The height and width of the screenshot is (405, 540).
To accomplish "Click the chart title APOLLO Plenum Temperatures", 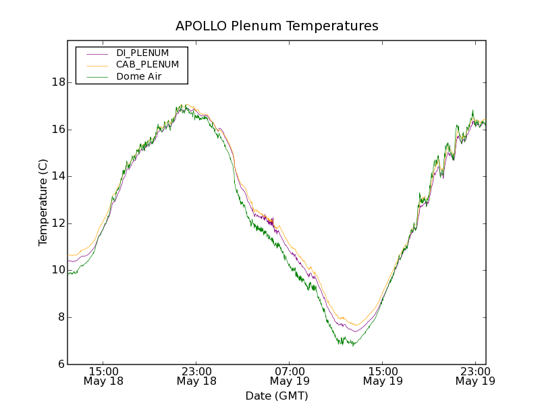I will click(x=277, y=26).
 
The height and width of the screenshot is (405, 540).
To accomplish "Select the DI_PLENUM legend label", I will click(x=142, y=53).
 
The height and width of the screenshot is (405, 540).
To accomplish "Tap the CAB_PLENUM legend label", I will click(x=147, y=65).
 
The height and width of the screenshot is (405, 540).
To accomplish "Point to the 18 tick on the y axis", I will click(x=57, y=82).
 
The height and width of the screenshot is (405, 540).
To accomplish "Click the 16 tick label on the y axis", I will click(x=57, y=130).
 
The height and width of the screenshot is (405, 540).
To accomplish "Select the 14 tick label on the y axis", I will click(x=57, y=176).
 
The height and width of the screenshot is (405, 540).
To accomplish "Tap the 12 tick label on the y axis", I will click(x=57, y=223).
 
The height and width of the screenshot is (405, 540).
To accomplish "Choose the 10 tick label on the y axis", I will click(x=57, y=270).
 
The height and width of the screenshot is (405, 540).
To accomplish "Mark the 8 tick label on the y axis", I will click(x=60, y=317).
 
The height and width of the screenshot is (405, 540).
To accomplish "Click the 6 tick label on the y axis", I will click(x=60, y=364).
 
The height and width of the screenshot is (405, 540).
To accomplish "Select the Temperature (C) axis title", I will click(x=43, y=202).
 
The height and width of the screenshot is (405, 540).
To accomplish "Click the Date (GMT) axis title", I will click(x=277, y=396).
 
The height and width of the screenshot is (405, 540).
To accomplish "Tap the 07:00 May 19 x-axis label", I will click(x=290, y=376).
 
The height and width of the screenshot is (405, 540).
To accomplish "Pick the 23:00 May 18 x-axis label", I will click(x=196, y=376).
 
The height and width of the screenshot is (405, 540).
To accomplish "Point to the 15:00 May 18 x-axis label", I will click(x=104, y=376).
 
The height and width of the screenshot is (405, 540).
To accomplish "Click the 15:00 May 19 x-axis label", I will click(x=382, y=376).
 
